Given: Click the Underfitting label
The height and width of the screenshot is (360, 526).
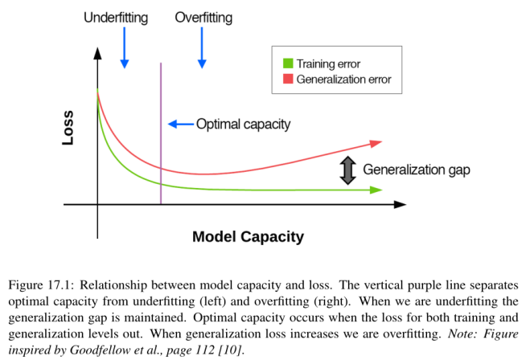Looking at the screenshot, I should [116, 17].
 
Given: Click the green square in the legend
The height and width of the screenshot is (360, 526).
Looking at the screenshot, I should [288, 63].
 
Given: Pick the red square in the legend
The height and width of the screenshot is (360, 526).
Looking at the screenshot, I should [288, 79].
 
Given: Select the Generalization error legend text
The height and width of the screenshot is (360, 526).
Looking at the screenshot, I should [343, 79].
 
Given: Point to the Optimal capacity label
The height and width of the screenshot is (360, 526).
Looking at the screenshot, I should [243, 124].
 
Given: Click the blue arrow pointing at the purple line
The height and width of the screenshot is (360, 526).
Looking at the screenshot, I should [180, 124].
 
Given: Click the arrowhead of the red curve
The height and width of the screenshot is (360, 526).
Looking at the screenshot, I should [376, 143].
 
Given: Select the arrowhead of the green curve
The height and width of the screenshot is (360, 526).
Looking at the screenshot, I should [376, 190].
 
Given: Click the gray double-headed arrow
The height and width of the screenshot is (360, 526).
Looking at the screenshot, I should [347, 170].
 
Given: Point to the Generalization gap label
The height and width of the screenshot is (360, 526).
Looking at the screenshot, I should [416, 170].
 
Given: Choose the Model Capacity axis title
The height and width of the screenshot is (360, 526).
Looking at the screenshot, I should [248, 237].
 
